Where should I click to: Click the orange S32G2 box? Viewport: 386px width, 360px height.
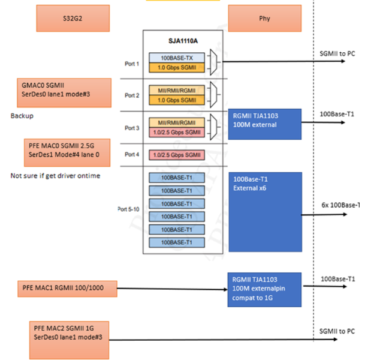pos(73,19)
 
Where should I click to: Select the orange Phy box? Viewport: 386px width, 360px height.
pos(264,19)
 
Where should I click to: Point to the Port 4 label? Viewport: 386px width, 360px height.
pos(132,154)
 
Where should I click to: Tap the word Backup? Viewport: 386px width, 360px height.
pos(22,115)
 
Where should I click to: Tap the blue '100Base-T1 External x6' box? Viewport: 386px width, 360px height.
pos(265,211)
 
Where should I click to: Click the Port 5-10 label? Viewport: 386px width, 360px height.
pos(129,209)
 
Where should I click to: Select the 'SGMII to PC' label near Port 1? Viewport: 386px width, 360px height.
pos(337,53)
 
